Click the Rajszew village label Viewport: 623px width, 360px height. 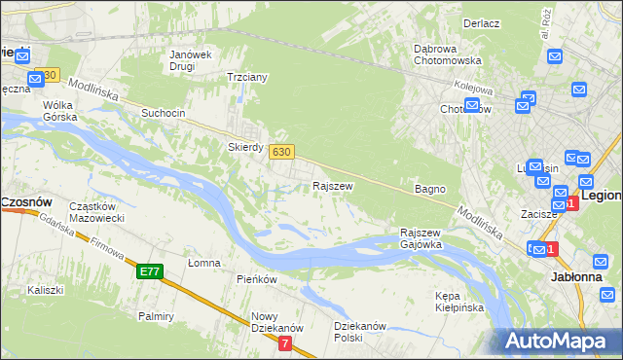pos(332,185)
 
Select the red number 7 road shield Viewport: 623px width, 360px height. pos(284,343)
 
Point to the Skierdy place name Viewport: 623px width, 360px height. pos(245,147)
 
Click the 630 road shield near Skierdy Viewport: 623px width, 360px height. pos(281,151)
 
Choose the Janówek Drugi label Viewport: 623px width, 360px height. pos(190,60)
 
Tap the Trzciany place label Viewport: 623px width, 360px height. pos(246,76)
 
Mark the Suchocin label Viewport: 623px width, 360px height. pos(163,113)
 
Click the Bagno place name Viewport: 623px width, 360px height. pos(429,189)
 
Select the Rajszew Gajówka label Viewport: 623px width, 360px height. pos(421,238)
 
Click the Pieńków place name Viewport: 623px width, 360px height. pos(257,279)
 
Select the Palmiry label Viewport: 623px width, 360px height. pos(156,316)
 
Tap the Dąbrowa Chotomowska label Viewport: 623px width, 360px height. pos(455,53)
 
